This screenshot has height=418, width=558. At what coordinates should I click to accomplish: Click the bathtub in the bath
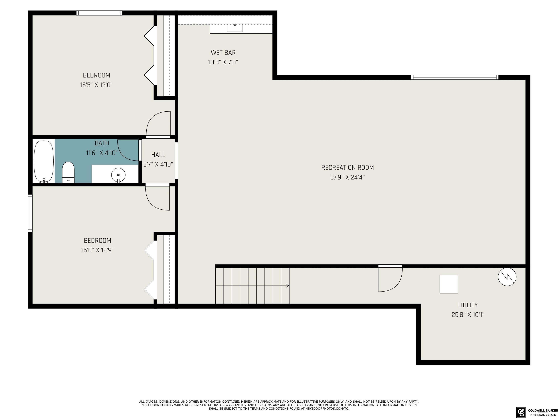(44, 161)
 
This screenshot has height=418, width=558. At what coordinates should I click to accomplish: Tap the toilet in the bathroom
(68, 172)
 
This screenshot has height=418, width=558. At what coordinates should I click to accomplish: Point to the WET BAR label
(223, 53)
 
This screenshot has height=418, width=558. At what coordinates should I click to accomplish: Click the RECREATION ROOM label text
(348, 168)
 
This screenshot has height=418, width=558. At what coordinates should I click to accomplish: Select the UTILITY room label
(468, 305)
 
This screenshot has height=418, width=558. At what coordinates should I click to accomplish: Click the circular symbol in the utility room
(507, 277)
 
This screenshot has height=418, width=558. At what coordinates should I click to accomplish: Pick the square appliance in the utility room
(449, 284)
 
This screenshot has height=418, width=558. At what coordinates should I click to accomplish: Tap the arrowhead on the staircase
(288, 286)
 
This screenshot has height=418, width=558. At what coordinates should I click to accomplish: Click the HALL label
(158, 155)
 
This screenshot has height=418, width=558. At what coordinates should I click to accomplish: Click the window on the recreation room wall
(455, 77)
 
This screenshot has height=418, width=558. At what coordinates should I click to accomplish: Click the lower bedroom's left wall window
(30, 213)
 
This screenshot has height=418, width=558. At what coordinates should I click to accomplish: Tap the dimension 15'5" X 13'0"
(96, 85)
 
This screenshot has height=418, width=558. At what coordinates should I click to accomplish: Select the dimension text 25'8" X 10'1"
(468, 315)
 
